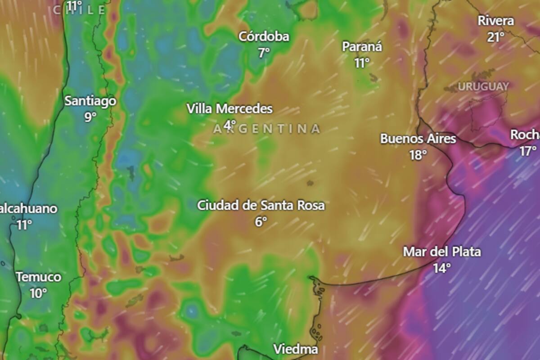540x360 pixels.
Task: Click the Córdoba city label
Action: point(264,36)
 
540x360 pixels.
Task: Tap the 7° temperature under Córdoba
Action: point(264,53)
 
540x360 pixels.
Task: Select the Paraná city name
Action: point(362,47)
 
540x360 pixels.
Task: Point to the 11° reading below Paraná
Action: point(361,63)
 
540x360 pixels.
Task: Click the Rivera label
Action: point(495,21)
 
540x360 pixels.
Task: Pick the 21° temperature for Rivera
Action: point(495,37)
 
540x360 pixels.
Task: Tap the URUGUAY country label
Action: point(483,86)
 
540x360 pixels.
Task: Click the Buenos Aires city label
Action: point(418,139)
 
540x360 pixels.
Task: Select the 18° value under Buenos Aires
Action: point(418,155)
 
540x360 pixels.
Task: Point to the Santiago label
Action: point(90,101)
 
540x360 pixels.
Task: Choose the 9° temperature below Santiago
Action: point(90,117)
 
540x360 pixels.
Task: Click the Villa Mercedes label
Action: point(229,109)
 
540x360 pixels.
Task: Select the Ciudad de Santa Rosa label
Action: point(261,206)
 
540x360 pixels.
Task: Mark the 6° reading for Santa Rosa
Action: point(261,221)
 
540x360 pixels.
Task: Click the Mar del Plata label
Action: point(441,252)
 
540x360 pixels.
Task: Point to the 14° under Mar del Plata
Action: point(442,268)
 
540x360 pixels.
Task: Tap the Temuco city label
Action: point(38,277)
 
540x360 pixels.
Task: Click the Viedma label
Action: point(296,349)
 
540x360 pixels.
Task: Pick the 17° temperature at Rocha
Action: point(528,151)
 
